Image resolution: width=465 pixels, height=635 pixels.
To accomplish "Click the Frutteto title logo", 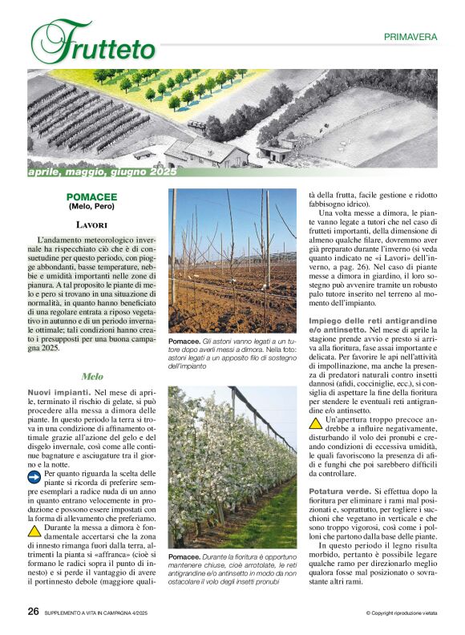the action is [94, 42].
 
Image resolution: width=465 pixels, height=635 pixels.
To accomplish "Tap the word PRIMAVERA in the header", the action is [410, 37].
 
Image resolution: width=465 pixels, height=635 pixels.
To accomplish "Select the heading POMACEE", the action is [92, 196].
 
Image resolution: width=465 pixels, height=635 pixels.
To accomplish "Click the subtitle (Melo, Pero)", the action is [92, 207].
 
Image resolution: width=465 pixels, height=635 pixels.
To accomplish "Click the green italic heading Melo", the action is [92, 376].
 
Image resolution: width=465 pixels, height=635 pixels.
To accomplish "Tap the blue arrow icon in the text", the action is [34, 476].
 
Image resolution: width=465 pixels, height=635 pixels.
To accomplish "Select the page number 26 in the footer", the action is [34, 612].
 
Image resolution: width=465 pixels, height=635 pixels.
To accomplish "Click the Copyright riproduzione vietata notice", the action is [400, 613].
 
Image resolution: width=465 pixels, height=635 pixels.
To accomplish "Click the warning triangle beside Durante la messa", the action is [34, 530].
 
